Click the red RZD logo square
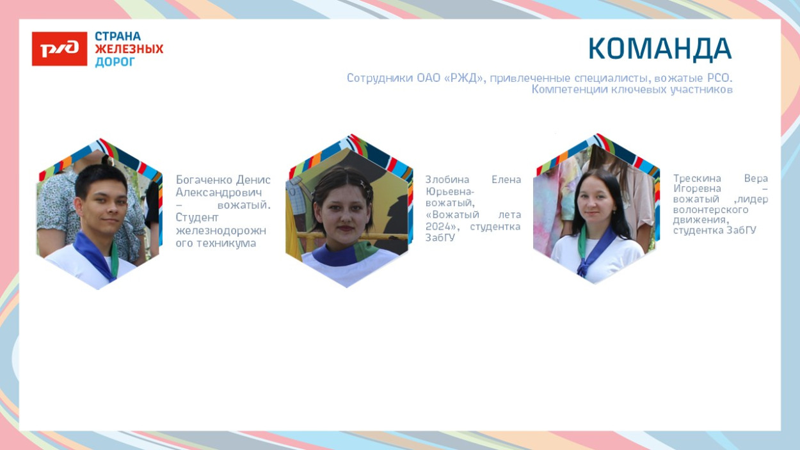[x=60, y=49]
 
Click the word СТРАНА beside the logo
[x=118, y=36]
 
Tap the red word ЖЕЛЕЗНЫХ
[x=129, y=49]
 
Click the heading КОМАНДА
[x=660, y=49]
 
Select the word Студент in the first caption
[x=196, y=217]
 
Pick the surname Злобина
[x=447, y=179]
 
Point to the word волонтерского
[x=710, y=210]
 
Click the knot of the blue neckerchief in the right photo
[x=583, y=265]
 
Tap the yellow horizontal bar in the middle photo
[x=352, y=236]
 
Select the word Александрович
[x=219, y=192]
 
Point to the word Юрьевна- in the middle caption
[x=450, y=192]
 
